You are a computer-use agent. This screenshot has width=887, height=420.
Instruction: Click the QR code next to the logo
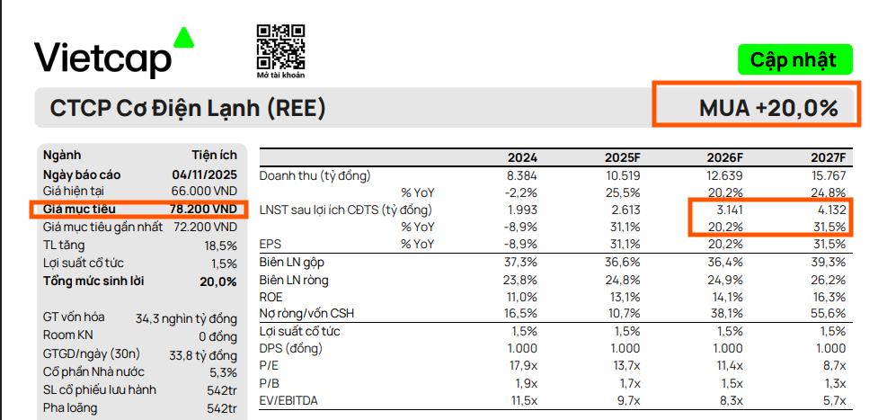click(x=280, y=48)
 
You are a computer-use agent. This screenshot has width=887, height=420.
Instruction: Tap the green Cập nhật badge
click(x=794, y=60)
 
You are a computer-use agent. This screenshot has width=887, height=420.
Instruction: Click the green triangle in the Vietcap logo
click(x=183, y=37)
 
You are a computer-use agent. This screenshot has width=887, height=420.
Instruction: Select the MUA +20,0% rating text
click(x=768, y=109)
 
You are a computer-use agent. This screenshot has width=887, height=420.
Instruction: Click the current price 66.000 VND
click(x=204, y=192)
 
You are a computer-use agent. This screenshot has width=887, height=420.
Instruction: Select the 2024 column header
click(x=523, y=157)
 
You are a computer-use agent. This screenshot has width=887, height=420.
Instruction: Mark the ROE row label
click(x=271, y=296)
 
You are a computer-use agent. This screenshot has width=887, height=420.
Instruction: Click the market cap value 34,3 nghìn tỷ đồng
click(x=186, y=318)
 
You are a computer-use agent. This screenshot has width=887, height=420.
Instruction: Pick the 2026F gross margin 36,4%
click(x=724, y=262)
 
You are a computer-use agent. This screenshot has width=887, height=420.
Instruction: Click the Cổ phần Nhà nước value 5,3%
click(x=222, y=372)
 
